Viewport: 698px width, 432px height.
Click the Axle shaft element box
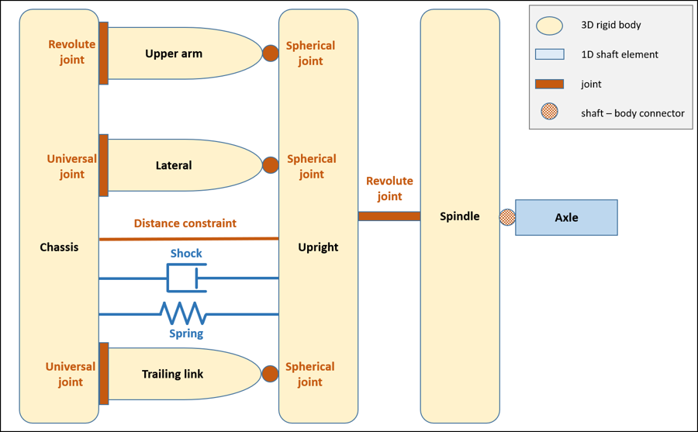(x=566, y=217)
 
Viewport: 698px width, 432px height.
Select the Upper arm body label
(x=174, y=54)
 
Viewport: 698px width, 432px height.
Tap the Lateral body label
(x=174, y=165)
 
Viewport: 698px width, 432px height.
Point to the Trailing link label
(x=172, y=374)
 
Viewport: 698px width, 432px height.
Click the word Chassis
(x=59, y=247)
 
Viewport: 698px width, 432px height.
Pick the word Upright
(x=318, y=247)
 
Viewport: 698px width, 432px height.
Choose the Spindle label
(x=459, y=216)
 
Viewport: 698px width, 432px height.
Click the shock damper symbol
(x=187, y=278)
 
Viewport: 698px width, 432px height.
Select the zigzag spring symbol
(x=183, y=313)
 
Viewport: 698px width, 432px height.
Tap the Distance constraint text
(x=185, y=223)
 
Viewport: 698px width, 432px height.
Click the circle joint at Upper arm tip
(x=270, y=54)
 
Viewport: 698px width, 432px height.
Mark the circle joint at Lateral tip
(x=270, y=165)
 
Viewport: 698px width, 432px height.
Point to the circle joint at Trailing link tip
(x=270, y=374)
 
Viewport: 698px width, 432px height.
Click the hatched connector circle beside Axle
(x=506, y=217)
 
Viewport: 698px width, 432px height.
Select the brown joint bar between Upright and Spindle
(x=389, y=216)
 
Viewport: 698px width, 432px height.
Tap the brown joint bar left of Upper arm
(x=104, y=54)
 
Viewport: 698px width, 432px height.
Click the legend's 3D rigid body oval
(x=549, y=26)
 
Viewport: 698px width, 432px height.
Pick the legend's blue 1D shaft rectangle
(x=549, y=54)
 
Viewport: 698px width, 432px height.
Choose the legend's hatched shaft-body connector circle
(x=549, y=112)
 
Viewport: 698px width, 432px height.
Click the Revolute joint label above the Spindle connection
(x=389, y=188)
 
